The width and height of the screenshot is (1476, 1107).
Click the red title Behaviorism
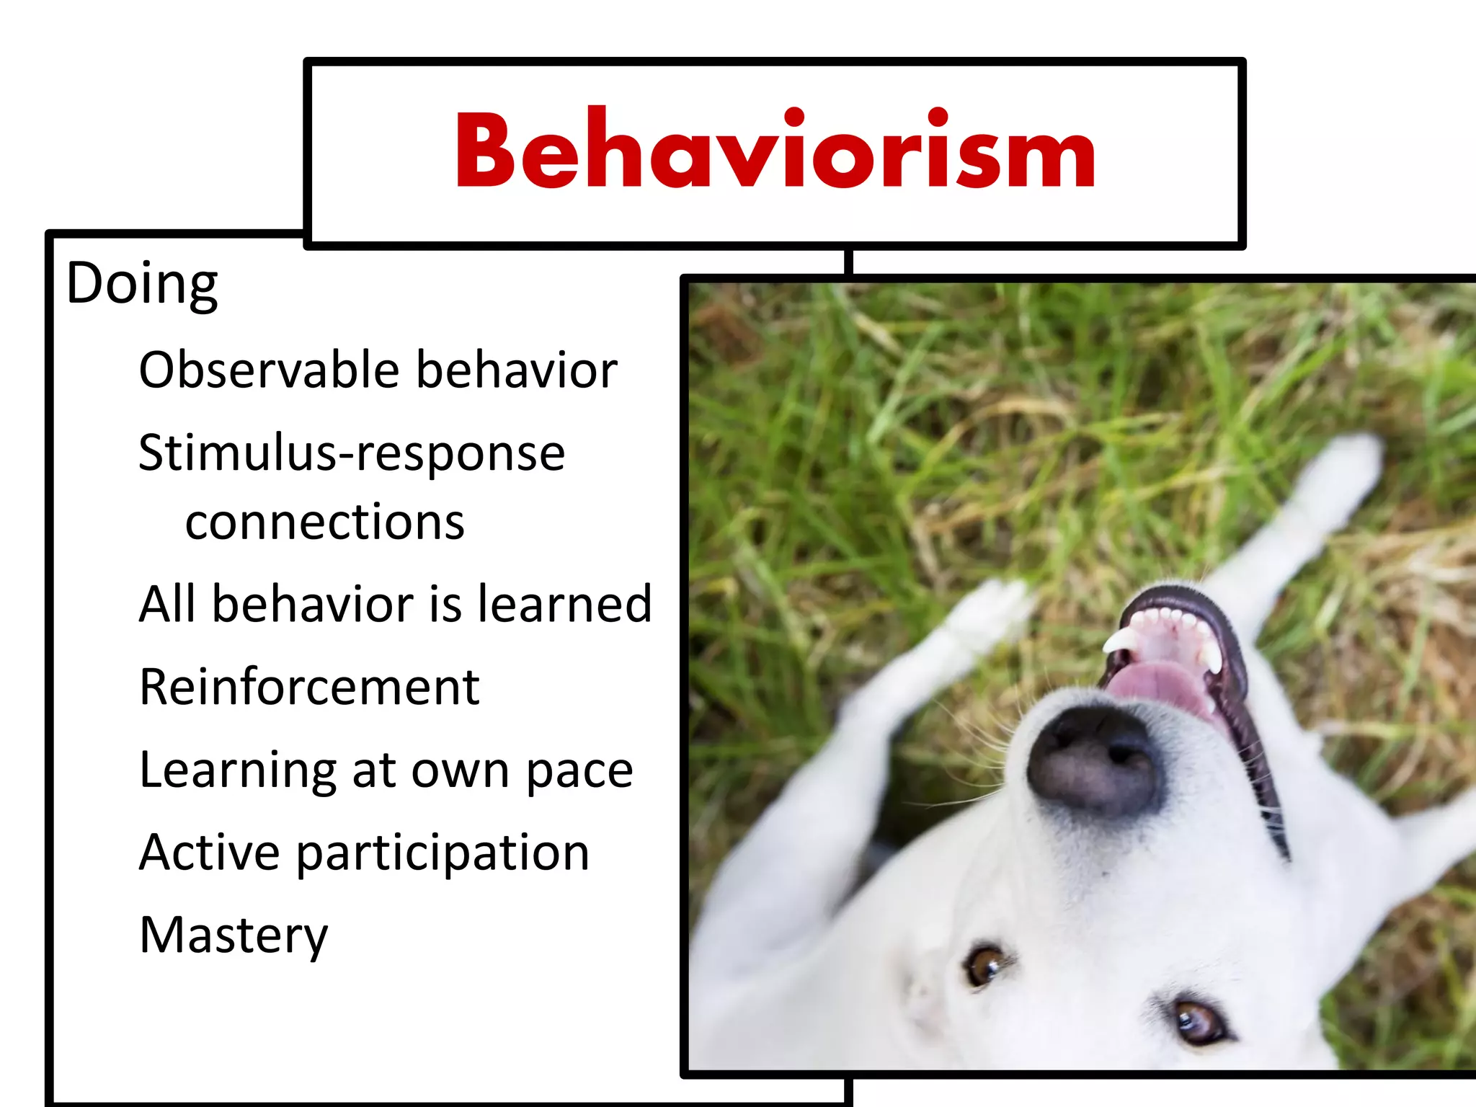(x=775, y=151)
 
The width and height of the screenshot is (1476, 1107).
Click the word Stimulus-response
(x=352, y=454)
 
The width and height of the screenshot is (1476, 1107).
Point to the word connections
(x=324, y=523)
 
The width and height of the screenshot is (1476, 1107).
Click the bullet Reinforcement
(x=309, y=687)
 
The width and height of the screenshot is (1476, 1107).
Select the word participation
(x=443, y=853)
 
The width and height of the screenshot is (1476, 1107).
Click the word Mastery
(x=234, y=935)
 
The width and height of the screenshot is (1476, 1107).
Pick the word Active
(x=209, y=853)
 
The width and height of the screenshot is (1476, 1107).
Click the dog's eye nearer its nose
(x=984, y=964)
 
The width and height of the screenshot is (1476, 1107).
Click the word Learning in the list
(x=238, y=771)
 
